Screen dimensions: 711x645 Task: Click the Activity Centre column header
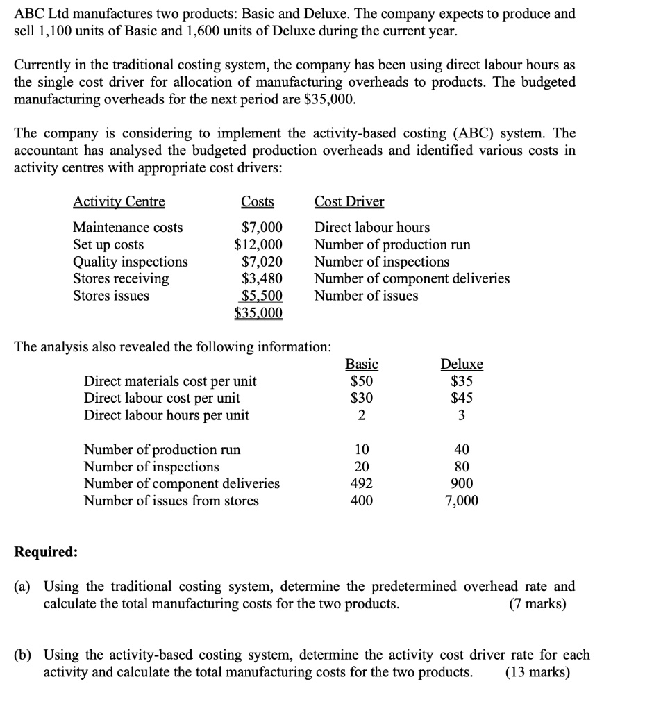119,202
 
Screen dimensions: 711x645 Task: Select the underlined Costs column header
257,202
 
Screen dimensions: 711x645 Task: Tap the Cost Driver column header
349,202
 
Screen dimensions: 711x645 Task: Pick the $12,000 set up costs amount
258,244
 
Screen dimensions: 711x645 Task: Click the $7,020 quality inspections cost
262,262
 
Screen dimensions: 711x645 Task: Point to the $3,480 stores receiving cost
262,278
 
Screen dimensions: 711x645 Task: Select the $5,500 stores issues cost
262,296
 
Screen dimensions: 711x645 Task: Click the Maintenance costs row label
128,228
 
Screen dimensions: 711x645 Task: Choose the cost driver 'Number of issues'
366,296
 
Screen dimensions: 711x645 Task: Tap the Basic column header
362,365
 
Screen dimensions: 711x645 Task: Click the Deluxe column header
462,365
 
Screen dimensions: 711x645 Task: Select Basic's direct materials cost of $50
362,381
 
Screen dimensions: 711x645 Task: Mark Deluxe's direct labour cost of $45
462,399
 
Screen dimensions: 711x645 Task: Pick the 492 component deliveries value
362,483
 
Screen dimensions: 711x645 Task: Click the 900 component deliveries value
462,483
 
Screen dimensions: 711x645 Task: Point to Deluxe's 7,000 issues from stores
462,501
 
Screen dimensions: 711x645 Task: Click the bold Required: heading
46,552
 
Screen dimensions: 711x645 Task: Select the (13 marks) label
537,672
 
